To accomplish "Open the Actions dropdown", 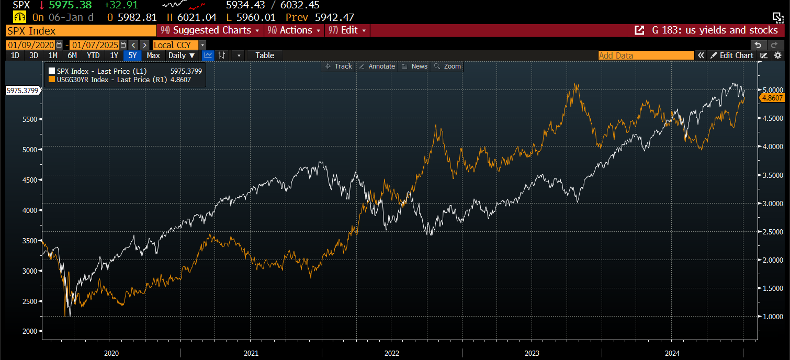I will tap(295, 30).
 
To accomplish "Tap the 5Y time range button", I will tap(132, 55).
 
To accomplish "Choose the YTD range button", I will tap(93, 55).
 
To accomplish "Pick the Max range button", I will tap(153, 55).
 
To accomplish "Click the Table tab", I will tap(265, 55).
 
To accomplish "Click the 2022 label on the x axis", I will tap(392, 353).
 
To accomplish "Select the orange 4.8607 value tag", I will tap(773, 97).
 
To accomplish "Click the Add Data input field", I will tap(646, 55).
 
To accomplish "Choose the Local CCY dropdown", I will tap(179, 45).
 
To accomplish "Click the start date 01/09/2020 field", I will tap(31, 45).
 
